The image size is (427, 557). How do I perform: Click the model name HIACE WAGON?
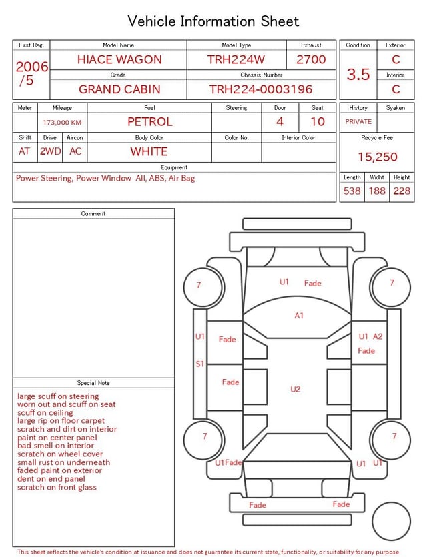[119, 59]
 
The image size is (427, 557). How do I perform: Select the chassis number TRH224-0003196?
[261, 89]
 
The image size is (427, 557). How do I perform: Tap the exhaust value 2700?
[311, 59]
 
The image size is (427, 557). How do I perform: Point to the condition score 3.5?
[358, 74]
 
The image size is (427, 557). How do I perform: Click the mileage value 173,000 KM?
[62, 123]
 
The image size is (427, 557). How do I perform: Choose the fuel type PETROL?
[150, 122]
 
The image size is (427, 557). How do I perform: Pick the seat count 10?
[318, 122]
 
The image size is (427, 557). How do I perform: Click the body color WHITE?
[149, 151]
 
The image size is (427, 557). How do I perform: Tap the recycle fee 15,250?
[377, 157]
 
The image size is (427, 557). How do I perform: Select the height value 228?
[402, 191]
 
